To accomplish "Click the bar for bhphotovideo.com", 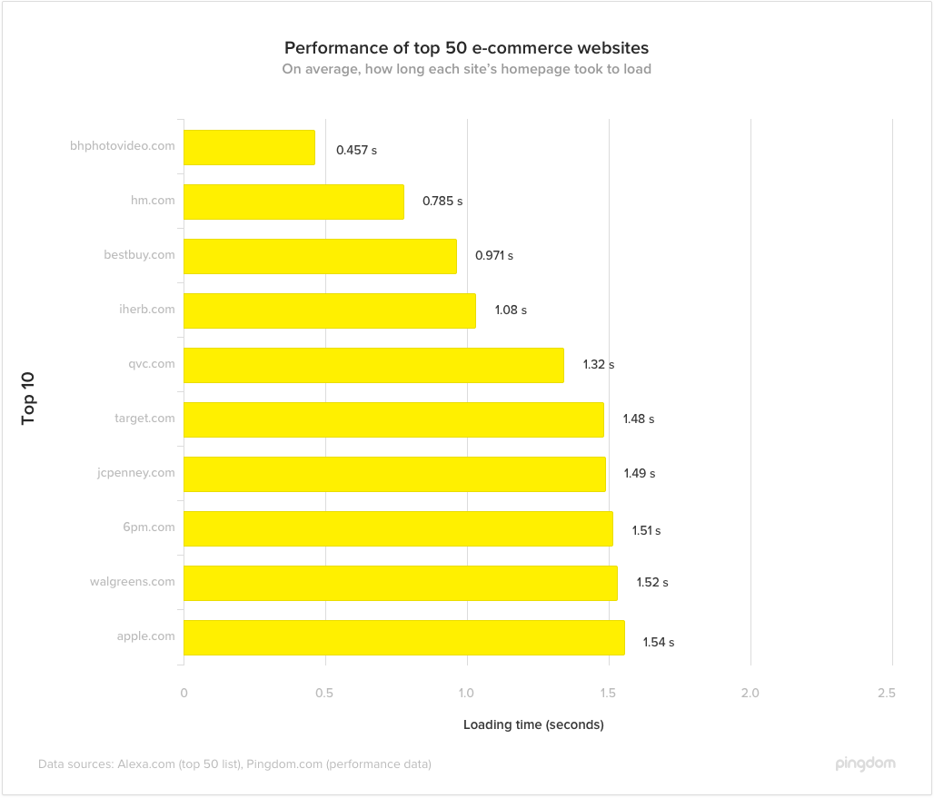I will coord(249,147).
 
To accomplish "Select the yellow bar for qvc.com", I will coord(373,365).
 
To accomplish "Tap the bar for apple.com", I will coord(404,637).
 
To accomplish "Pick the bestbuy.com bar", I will coord(320,256).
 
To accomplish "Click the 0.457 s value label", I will coord(356,150).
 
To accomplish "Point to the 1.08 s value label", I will coord(511,310).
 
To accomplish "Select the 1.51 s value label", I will coord(646,530).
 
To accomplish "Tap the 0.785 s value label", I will coord(442,202).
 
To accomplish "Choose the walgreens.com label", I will coord(132,582).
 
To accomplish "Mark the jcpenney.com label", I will coord(135,473).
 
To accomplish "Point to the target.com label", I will coord(144,419).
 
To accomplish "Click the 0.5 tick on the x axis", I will coord(324,694).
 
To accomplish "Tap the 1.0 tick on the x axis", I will coord(466,694).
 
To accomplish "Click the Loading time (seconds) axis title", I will coord(533,724).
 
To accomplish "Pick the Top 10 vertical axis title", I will coord(28,397).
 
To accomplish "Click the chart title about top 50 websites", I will coord(466,47).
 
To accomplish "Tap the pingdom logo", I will coord(865,764).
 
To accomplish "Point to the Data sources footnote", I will coord(234,764).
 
